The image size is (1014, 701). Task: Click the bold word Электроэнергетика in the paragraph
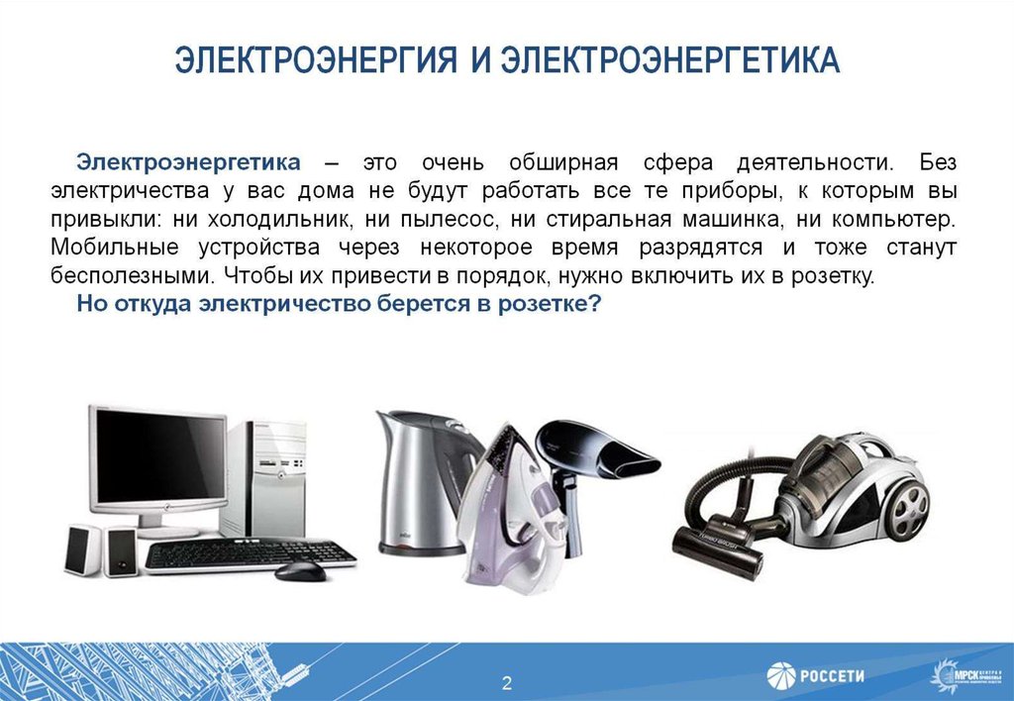tap(188, 161)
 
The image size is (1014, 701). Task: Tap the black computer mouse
tap(299, 571)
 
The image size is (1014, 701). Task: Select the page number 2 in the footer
tap(506, 682)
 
